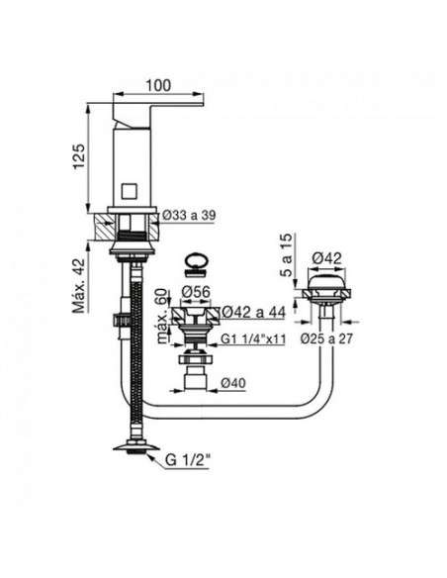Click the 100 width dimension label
tap(158, 85)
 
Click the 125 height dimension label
tap(79, 156)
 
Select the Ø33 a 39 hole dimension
tap(189, 216)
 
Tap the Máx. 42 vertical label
tap(79, 286)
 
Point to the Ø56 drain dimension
tap(196, 292)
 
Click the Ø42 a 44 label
tap(254, 313)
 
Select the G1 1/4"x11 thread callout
tap(253, 338)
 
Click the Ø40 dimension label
tap(233, 383)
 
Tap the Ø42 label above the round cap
tap(327, 258)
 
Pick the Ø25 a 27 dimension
tap(326, 338)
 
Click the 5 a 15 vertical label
tap(286, 255)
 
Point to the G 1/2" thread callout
tap(188, 460)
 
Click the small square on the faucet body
tap(130, 191)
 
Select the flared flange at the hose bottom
tap(136, 445)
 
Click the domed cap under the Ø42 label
tap(327, 282)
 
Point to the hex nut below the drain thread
tap(196, 359)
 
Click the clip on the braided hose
tap(122, 320)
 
